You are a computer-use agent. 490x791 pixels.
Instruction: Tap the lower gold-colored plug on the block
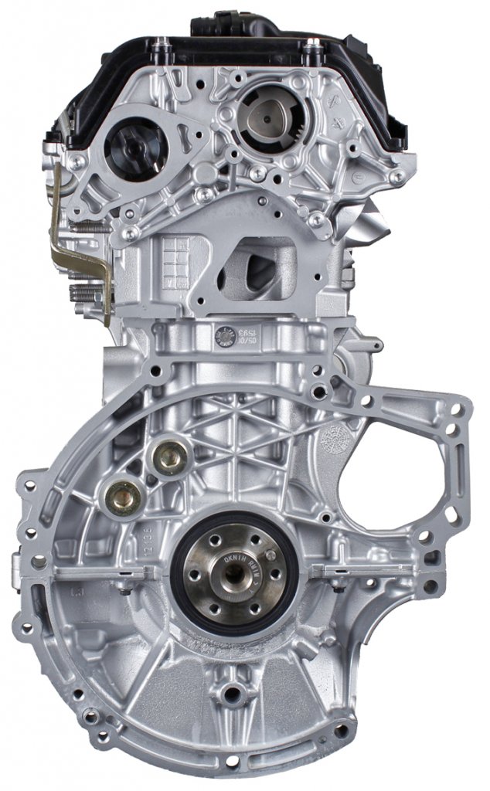point(124,496)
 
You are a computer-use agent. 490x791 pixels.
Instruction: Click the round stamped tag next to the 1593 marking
point(226,336)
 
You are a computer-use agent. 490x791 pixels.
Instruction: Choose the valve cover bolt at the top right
point(311,52)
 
